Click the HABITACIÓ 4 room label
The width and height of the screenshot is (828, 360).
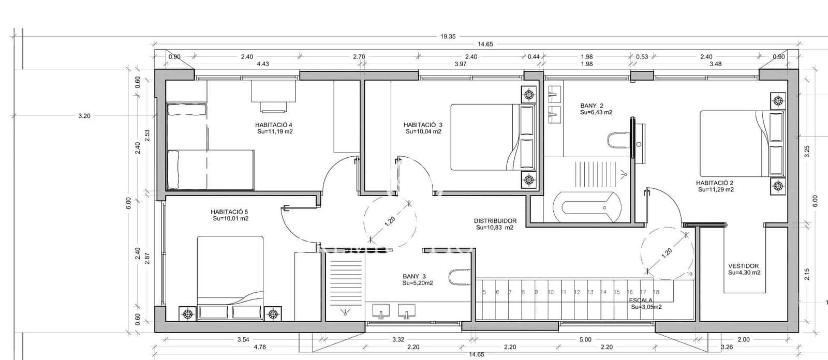(274, 125)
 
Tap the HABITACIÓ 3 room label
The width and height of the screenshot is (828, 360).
(423, 125)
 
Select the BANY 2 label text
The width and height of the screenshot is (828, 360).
(592, 106)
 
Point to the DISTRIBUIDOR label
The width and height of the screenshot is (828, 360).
(495, 221)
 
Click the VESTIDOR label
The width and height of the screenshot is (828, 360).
(743, 266)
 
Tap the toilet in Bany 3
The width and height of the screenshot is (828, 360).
(459, 277)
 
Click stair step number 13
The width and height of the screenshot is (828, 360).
(590, 292)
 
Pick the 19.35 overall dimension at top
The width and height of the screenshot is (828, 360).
(448, 36)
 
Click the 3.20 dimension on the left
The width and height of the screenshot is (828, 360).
(84, 116)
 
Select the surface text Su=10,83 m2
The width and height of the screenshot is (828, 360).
(494, 228)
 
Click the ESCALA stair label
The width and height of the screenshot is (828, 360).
(641, 300)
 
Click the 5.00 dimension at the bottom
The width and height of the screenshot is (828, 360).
(585, 340)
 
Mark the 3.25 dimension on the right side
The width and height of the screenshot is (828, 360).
(807, 152)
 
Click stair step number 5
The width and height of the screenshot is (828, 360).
(484, 292)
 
